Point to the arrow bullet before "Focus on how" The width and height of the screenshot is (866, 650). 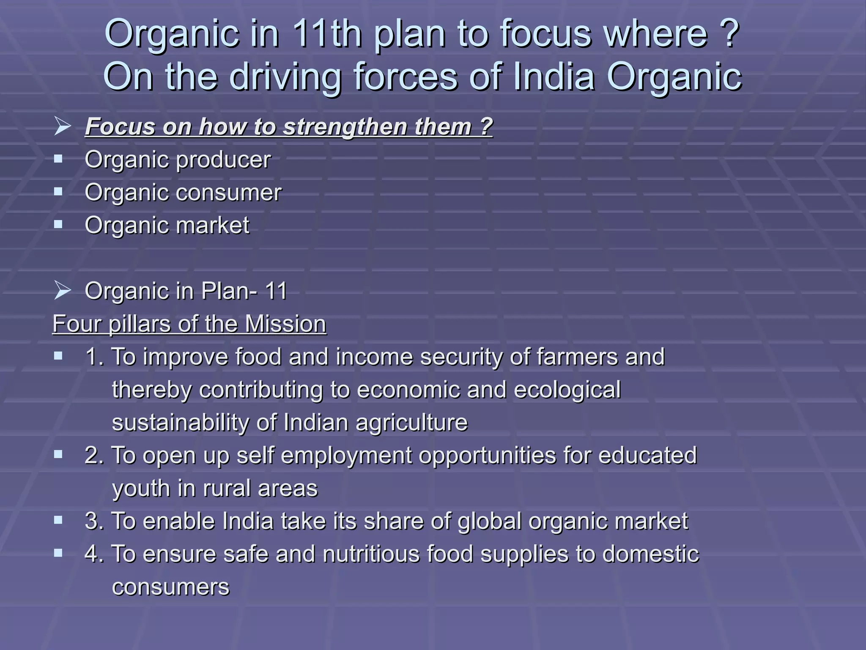(x=62, y=127)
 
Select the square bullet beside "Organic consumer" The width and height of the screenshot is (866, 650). (x=58, y=192)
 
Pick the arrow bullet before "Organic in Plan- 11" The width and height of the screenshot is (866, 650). (x=62, y=291)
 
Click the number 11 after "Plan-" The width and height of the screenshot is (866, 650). (x=276, y=291)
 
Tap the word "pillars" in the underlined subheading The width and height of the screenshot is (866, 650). (x=140, y=324)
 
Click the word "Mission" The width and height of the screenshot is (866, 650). (x=285, y=324)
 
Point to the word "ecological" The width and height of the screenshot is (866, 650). (x=567, y=390)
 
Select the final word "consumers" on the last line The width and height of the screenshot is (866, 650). (x=170, y=587)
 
